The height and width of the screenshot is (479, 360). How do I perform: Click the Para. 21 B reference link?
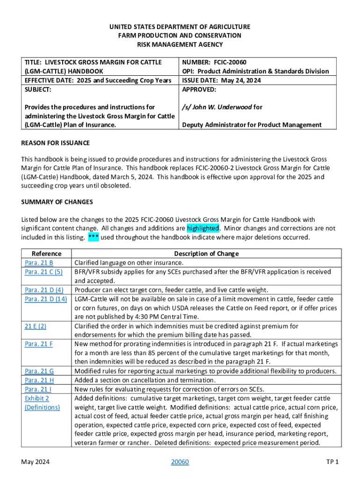coord(39,263)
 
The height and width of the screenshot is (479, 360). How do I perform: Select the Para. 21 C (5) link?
coord(43,272)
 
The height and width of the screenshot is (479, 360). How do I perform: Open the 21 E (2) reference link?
coord(35,326)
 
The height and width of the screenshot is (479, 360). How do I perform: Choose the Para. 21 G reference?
coord(39,371)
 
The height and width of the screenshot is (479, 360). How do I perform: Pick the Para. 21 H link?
coord(39,380)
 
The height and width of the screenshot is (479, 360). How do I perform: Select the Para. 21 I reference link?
coord(38,389)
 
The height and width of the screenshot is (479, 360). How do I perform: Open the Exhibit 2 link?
coord(37,398)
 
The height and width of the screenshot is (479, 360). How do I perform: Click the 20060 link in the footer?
coord(180,462)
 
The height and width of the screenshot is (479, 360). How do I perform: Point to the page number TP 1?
coord(332,462)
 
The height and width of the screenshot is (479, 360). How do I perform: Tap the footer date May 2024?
coord(36,462)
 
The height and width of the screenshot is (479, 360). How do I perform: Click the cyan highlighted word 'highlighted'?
coord(202,228)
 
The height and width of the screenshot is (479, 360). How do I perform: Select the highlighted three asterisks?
coord(93,237)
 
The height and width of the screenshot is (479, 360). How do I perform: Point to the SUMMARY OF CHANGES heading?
coord(57,202)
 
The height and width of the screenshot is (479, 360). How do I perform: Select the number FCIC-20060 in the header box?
coord(230,62)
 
